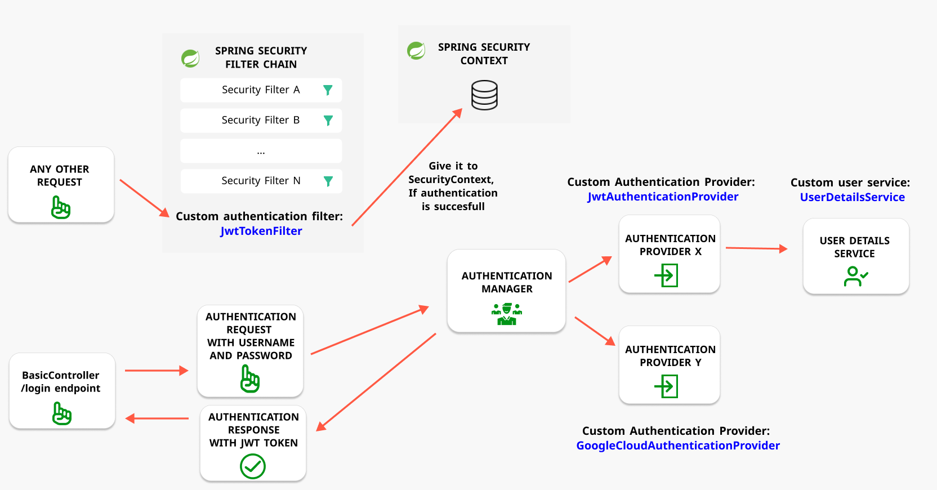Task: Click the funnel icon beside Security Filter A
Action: tap(328, 90)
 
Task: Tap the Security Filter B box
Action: tap(261, 120)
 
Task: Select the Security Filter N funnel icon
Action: tap(328, 181)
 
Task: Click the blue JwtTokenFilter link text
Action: tap(261, 231)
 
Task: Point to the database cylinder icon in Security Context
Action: tap(484, 95)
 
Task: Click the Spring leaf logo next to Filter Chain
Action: tap(190, 58)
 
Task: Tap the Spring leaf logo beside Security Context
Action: tap(416, 51)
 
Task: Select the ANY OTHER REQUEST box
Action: tap(61, 185)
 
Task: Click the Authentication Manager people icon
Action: tap(507, 314)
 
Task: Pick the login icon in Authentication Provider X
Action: tap(666, 275)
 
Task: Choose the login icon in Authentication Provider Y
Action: tap(666, 386)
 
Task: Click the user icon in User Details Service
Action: tap(855, 276)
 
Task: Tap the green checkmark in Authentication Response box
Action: tap(253, 466)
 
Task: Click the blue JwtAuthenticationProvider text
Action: tap(663, 197)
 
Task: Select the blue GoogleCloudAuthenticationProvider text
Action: tap(678, 446)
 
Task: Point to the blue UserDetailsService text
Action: tap(852, 197)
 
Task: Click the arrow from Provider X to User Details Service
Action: tap(756, 248)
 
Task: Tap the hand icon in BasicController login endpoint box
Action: tap(62, 413)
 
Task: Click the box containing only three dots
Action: tap(261, 151)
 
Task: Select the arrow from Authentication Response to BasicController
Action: tap(157, 418)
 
